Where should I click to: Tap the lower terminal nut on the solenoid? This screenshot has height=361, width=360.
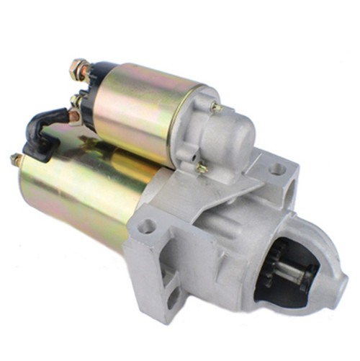click(76, 101)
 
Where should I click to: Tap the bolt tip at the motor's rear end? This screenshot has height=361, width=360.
click(14, 158)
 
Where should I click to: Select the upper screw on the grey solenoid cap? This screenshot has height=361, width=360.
click(215, 107)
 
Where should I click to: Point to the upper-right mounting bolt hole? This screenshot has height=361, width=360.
click(277, 170)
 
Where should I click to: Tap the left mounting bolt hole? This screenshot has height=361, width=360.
click(147, 226)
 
